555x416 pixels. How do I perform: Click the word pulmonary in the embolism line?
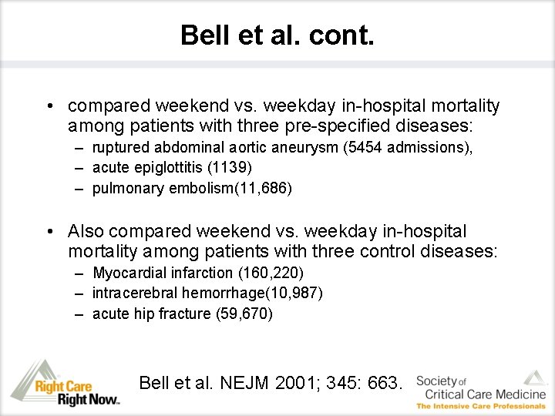122,188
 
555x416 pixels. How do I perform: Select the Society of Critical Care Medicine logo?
480,389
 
